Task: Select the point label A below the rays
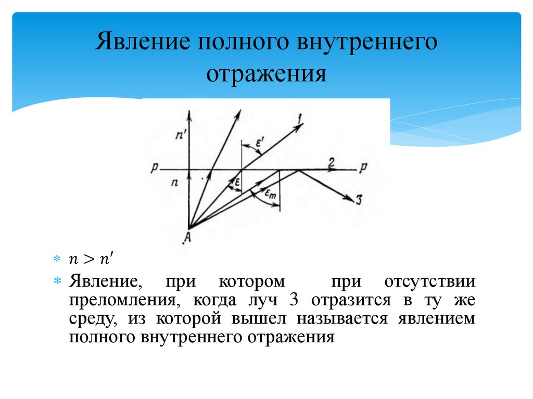187,239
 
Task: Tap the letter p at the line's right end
363,169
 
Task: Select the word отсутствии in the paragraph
430,282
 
